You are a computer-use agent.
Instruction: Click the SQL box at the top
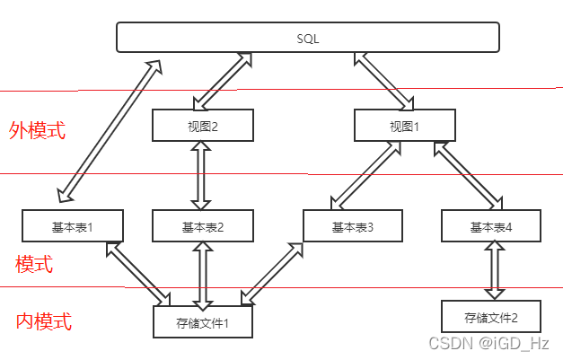(x=308, y=38)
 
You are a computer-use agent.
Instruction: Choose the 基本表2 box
(x=202, y=226)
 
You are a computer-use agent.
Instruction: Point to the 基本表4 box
(x=490, y=226)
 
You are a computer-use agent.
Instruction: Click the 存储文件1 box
(x=202, y=320)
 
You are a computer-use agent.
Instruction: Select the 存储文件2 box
(x=490, y=316)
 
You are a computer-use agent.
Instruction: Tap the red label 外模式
(x=38, y=130)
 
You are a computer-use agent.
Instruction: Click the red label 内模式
(x=44, y=321)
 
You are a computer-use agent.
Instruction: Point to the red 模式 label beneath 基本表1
(x=34, y=264)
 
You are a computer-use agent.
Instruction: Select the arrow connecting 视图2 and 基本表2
(x=202, y=175)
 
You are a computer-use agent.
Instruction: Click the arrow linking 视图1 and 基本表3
(x=366, y=175)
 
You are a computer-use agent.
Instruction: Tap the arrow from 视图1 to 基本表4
(x=468, y=175)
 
